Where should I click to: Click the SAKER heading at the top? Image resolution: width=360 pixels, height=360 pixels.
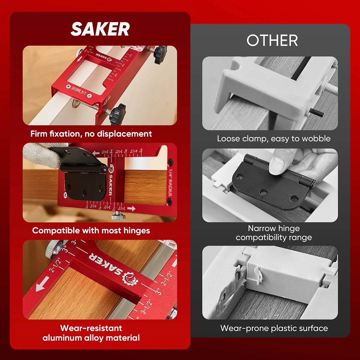(x=100, y=29)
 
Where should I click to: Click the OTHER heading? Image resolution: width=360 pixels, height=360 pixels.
(x=272, y=40)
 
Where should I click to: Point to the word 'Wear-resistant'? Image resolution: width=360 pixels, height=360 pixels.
(x=91, y=328)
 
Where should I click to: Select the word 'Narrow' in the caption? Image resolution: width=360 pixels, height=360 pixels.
(x=261, y=228)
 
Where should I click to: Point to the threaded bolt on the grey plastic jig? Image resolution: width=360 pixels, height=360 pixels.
(x=330, y=88)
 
